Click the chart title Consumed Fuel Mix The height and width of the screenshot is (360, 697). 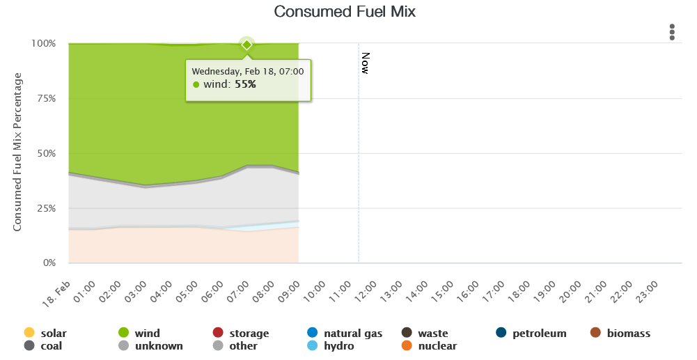pos(344,12)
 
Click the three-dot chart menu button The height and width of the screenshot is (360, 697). pos(672,32)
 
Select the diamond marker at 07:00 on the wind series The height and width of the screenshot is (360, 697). pos(246,45)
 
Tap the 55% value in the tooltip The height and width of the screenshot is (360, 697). pos(245,84)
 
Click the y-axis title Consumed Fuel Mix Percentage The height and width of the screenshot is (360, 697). pos(18,152)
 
